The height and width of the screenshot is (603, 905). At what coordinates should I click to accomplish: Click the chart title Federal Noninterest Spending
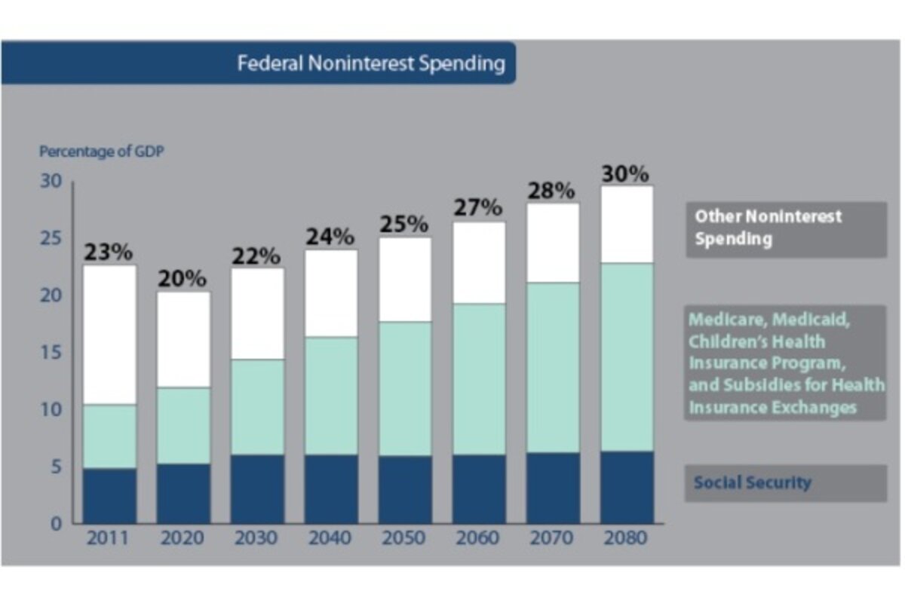coord(371,63)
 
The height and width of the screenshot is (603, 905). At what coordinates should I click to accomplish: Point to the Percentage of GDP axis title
coord(102,152)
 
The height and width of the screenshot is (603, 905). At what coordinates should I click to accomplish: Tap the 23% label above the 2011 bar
coord(109,253)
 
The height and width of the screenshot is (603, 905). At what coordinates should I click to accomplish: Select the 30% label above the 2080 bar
coord(625,173)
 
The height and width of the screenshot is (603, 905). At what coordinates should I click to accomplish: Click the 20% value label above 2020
coord(183,279)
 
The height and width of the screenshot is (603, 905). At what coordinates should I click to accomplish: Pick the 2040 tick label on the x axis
coord(330,538)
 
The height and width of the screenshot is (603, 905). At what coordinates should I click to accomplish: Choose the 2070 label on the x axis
coord(552,538)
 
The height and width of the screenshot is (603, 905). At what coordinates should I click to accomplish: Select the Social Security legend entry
coord(785,482)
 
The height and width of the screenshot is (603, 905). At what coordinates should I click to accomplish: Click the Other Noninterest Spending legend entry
coord(785,228)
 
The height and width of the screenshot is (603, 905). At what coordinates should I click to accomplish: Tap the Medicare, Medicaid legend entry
coord(785,363)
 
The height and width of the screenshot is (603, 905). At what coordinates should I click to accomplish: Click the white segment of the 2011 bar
coord(110,335)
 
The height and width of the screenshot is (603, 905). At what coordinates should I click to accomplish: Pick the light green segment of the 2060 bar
coord(479,378)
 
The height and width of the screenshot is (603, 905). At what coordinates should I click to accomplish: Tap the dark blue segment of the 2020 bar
coord(183,493)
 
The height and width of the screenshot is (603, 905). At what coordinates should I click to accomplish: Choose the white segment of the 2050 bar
coord(405,280)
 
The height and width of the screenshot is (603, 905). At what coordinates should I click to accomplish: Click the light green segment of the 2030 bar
coord(257,407)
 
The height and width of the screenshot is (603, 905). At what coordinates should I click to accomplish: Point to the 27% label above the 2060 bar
coord(477,208)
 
